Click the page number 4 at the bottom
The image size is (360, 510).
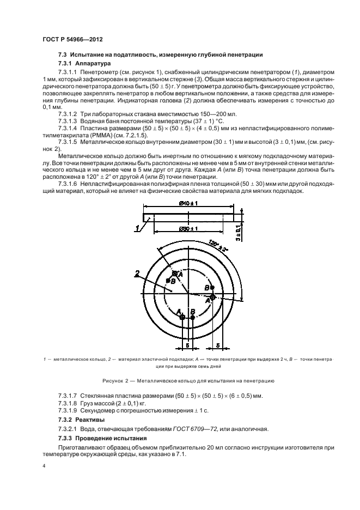pyautogui.click(x=43, y=466)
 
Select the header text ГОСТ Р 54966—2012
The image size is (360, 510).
pyautogui.click(x=72, y=40)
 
